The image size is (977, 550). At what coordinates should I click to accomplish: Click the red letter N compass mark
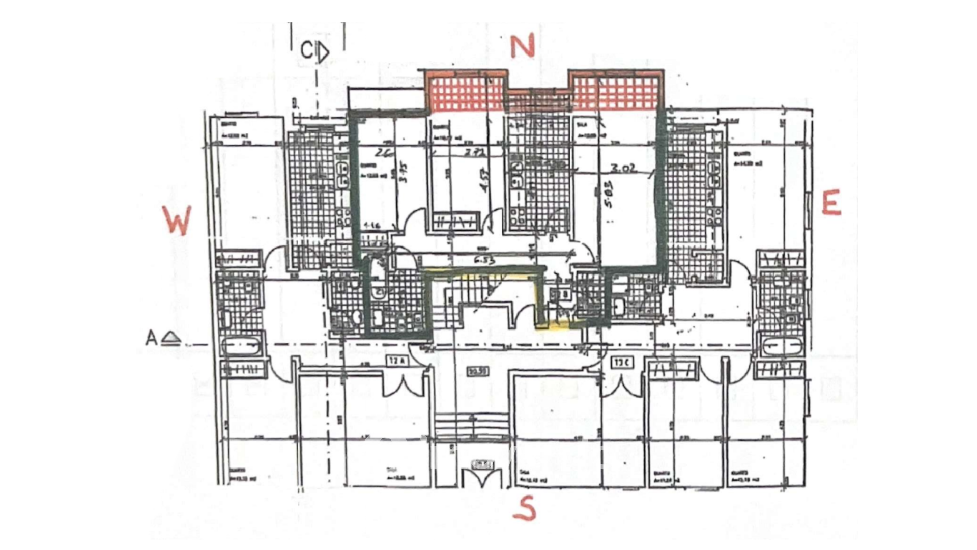[522, 46]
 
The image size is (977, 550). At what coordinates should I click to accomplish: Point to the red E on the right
[831, 203]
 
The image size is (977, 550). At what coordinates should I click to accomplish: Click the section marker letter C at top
[307, 50]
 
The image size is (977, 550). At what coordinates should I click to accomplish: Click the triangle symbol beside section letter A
[171, 338]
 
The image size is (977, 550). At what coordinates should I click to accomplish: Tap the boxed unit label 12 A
[397, 361]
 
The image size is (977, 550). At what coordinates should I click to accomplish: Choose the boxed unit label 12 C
[622, 363]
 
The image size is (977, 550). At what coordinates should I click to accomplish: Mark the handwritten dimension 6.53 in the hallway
[484, 260]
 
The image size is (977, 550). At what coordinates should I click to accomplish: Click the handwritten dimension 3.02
[623, 169]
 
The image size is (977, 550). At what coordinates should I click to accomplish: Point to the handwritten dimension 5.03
[609, 195]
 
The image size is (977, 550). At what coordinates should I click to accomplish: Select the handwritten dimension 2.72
[474, 152]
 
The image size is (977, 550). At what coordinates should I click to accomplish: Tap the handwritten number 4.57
[484, 181]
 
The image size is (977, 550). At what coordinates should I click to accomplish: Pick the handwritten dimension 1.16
[373, 225]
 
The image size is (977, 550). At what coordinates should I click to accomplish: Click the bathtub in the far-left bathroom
[242, 346]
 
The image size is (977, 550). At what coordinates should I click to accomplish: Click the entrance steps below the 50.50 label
[472, 424]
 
